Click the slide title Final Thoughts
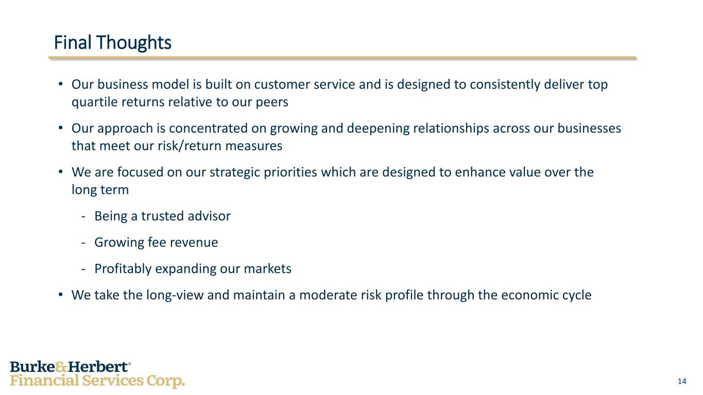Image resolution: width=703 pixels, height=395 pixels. [113, 43]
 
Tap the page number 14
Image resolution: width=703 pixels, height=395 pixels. [682, 381]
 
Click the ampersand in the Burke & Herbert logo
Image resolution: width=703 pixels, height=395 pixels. [61, 367]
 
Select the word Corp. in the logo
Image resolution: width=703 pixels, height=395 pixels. [166, 381]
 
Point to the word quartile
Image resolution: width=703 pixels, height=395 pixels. [94, 102]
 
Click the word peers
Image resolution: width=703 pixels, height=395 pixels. [272, 102]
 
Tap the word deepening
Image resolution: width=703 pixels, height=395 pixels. [378, 129]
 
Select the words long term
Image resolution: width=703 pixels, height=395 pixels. [100, 190]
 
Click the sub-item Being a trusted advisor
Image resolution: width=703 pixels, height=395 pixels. [163, 216]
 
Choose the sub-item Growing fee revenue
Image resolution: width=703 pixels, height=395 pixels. [156, 242]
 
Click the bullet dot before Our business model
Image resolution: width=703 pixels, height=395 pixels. [61, 84]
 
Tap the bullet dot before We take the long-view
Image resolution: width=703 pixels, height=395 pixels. [61, 295]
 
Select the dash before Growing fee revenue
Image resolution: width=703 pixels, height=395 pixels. [83, 243]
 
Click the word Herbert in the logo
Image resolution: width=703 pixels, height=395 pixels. [98, 367]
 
